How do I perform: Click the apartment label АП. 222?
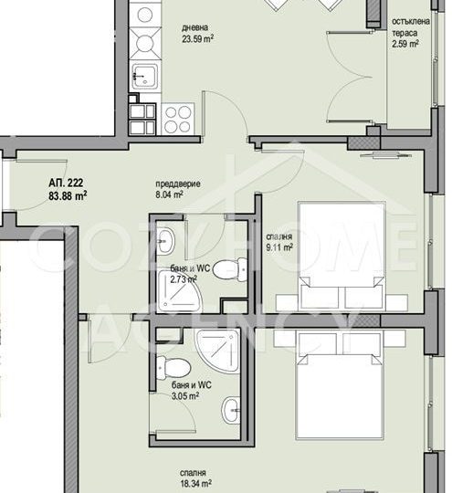coord(66,183)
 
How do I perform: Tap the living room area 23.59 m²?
coord(197,39)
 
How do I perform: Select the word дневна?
coord(194,27)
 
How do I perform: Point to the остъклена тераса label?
coord(411,27)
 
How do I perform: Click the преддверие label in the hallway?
coord(178,184)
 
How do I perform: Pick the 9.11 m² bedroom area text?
coord(279,247)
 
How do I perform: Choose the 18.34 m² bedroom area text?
coord(195,483)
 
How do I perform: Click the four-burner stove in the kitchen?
coord(178,120)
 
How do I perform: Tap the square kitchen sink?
coord(144,77)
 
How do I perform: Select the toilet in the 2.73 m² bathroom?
coord(230,269)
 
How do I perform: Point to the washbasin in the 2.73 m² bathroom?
coord(165,242)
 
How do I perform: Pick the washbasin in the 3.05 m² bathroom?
coord(231,410)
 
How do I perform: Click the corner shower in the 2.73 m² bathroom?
coord(179,291)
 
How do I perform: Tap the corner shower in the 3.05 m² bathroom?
coord(217,351)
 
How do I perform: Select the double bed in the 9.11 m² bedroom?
coord(342,256)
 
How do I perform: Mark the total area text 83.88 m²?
coord(68,196)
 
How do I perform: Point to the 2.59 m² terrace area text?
coord(405,44)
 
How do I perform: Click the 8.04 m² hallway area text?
coord(169,194)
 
